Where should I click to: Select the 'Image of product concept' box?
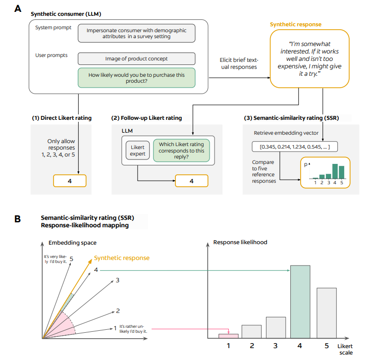[x=136, y=58]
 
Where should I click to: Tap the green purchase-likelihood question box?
[x=136, y=78]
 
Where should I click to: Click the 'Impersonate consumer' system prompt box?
[x=136, y=33]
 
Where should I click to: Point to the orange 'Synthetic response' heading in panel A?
[x=296, y=24]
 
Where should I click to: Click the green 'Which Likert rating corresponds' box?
[x=181, y=151]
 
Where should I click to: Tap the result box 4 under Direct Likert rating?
[x=69, y=181]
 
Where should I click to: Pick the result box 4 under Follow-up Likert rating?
[x=191, y=181]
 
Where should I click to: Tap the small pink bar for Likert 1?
[x=228, y=336]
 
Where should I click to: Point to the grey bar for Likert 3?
[x=276, y=327]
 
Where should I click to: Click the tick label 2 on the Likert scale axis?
[x=252, y=346]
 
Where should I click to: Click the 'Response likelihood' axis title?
[x=240, y=242]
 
